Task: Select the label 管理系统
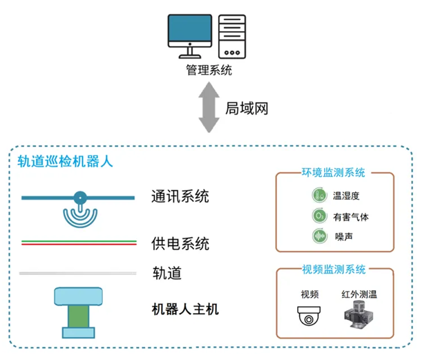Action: [x=209, y=70]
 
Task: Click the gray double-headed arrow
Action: [x=209, y=108]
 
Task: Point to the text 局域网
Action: [x=246, y=108]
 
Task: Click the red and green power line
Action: [x=78, y=243]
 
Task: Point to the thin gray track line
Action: [x=77, y=274]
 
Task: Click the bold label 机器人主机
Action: [x=184, y=309]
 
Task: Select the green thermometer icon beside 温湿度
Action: [x=319, y=196]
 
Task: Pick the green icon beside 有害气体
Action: [x=319, y=216]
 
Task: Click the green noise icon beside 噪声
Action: [x=319, y=236]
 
